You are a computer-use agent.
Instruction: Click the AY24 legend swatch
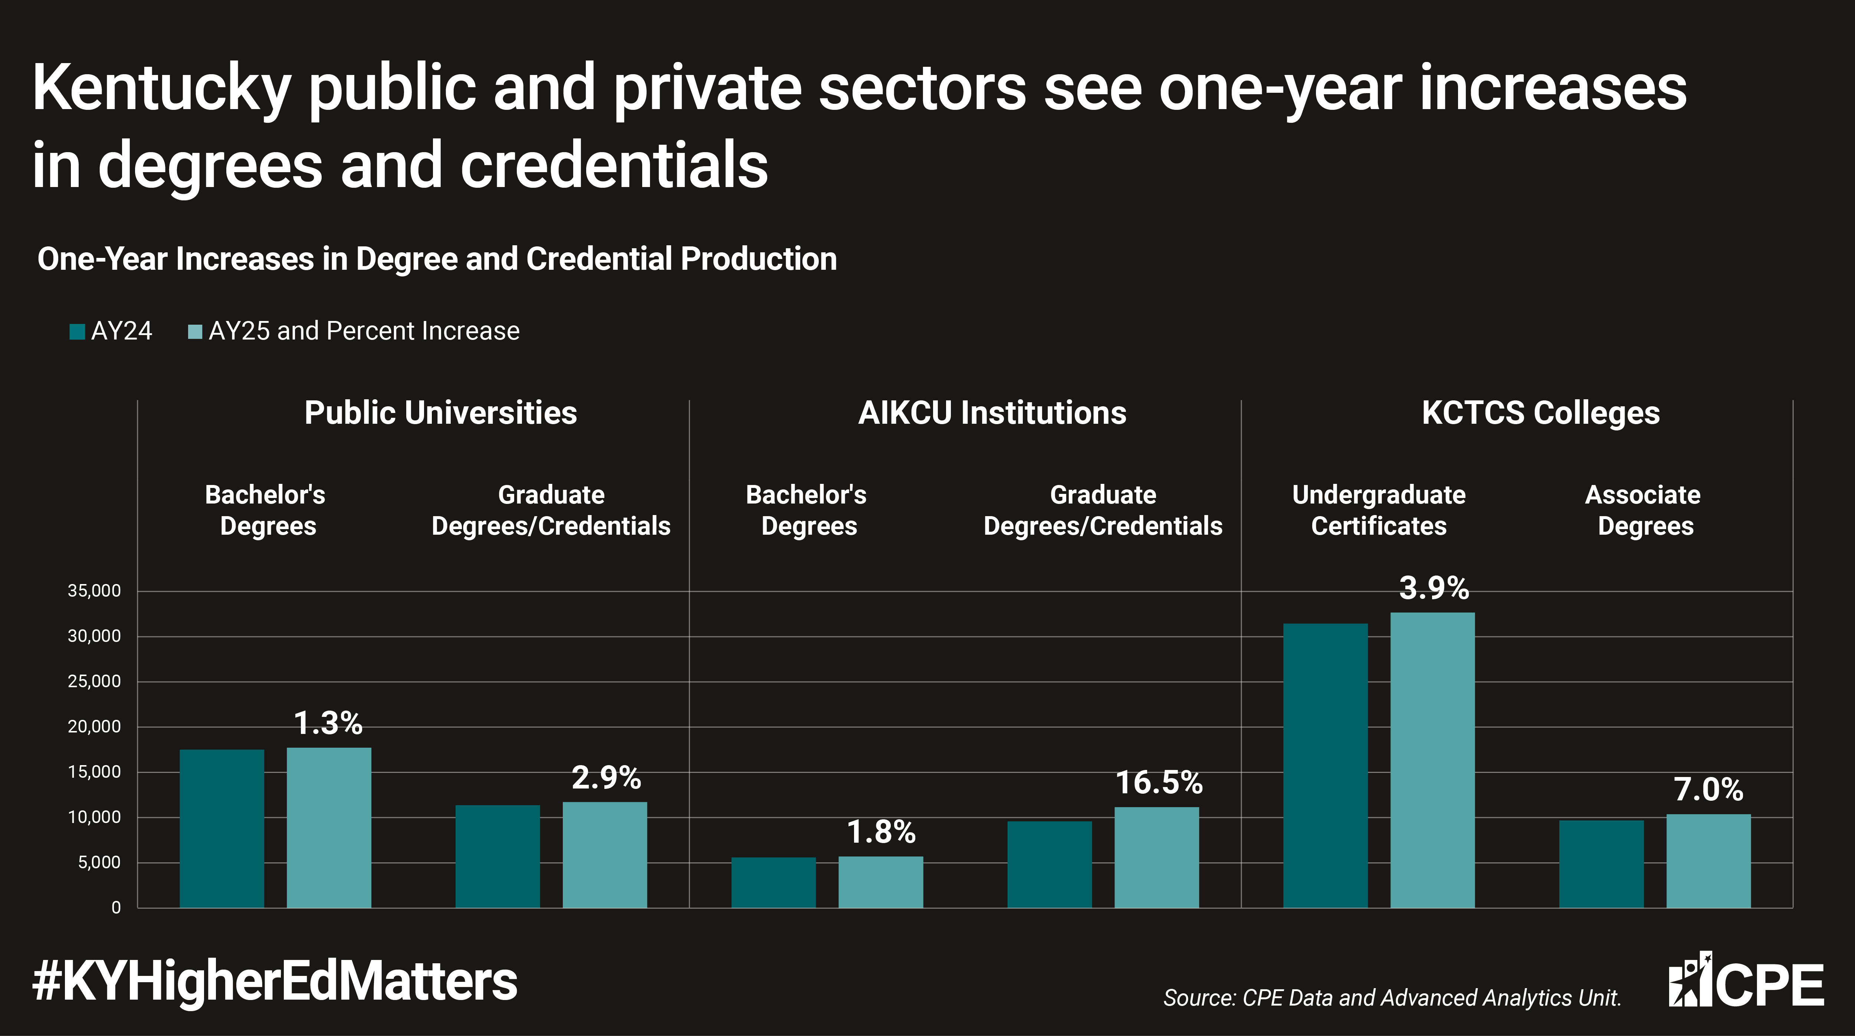tap(77, 331)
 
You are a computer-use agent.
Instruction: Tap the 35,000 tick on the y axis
tap(94, 591)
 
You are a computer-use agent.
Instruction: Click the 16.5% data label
tap(1159, 783)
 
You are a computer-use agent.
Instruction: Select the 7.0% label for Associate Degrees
tap(1708, 790)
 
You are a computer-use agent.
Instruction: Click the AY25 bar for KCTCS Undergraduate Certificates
tap(1432, 760)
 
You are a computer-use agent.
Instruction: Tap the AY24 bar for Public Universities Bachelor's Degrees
tap(222, 829)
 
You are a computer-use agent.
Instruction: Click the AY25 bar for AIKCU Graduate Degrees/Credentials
tap(1156, 857)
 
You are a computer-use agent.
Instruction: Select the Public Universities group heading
tap(441, 413)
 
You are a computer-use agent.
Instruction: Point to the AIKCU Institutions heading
tap(992, 413)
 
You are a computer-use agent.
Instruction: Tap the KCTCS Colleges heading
tap(1541, 413)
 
